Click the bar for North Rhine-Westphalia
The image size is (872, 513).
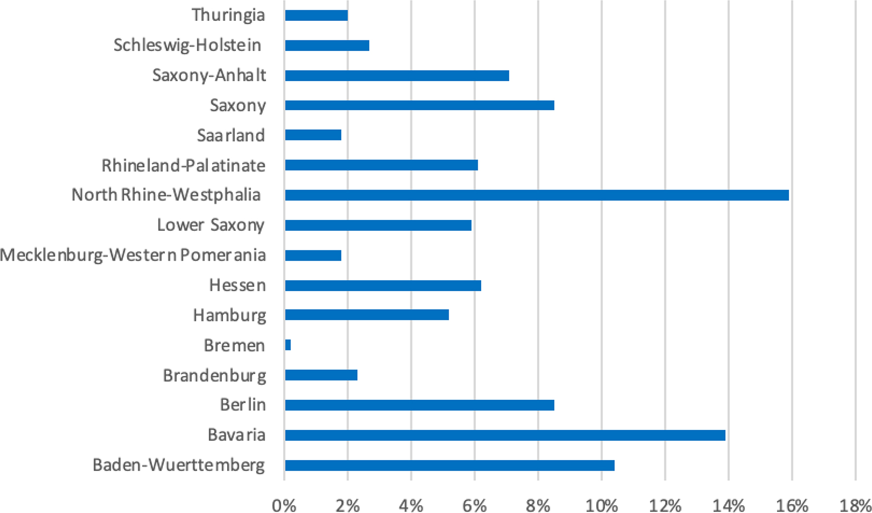[x=537, y=195]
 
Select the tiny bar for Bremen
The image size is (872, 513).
[x=288, y=345]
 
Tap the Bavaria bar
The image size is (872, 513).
[x=505, y=435]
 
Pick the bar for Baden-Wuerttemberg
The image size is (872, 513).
[x=450, y=465]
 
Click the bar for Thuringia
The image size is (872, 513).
[x=316, y=16]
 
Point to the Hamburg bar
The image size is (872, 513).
[x=367, y=315]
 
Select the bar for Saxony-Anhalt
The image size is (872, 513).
[x=397, y=76]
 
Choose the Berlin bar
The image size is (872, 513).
[x=419, y=405]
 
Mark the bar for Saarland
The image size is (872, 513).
[x=313, y=135]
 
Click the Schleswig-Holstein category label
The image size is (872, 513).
[x=187, y=45]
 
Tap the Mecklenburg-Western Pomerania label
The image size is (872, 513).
[x=133, y=255]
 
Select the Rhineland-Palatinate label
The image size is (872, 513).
[x=184, y=166]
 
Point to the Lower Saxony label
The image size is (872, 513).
[x=210, y=225]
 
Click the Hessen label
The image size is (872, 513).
[x=237, y=285]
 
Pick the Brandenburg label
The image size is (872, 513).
[x=214, y=376]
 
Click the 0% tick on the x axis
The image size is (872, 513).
[x=284, y=506]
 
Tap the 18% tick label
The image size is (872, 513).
[x=855, y=506]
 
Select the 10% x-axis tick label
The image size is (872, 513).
[x=601, y=506]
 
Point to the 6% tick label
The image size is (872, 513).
[x=474, y=506]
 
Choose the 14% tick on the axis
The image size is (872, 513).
[x=728, y=506]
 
